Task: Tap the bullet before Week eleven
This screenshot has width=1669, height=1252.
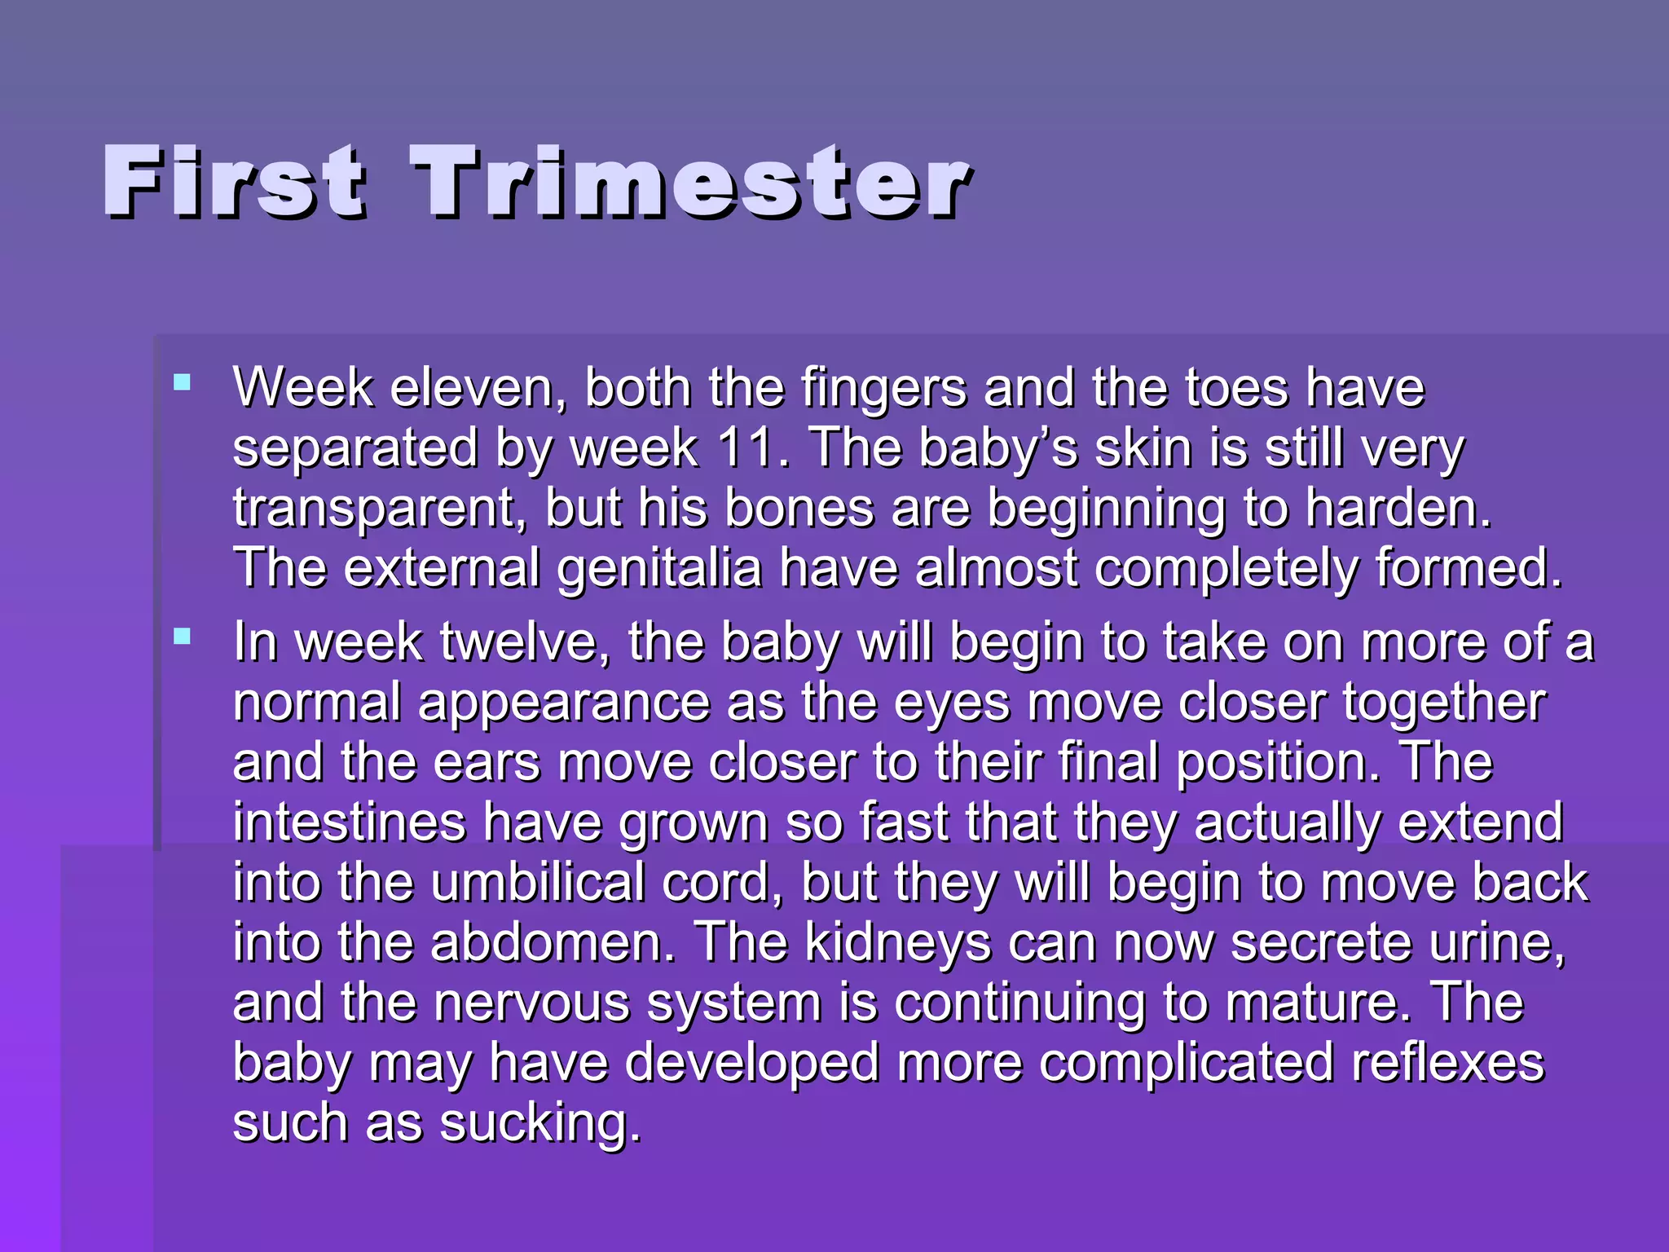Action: (183, 382)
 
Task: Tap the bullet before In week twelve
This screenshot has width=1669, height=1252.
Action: (183, 637)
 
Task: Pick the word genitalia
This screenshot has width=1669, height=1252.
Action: (658, 568)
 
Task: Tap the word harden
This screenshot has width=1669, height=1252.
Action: (1398, 508)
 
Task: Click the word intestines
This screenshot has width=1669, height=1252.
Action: (349, 822)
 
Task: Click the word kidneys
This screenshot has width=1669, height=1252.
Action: (897, 942)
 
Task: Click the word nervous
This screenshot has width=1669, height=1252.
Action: (532, 1003)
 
